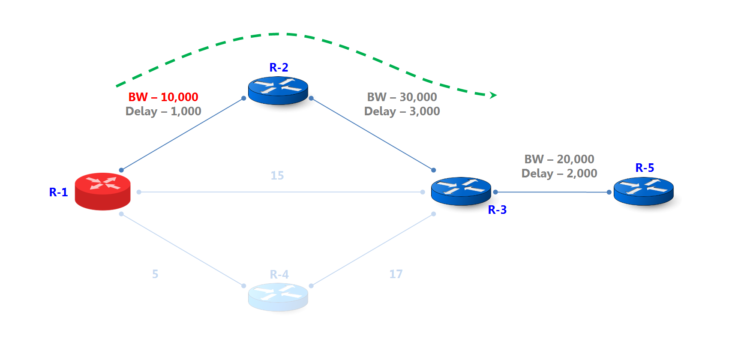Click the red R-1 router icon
(102, 191)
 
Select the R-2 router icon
(278, 90)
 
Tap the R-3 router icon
(461, 191)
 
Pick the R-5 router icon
(643, 191)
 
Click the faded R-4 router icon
(278, 297)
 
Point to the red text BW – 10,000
(163, 97)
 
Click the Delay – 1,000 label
(163, 111)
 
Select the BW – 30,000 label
(402, 97)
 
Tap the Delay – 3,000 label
(402, 111)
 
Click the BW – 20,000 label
(559, 159)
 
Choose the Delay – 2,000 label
(559, 174)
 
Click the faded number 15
(277, 175)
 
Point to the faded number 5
(155, 274)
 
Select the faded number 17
(396, 274)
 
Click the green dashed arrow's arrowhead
(493, 95)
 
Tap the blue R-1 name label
(58, 192)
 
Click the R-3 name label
(497, 210)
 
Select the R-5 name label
(644, 168)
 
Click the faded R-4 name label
(279, 274)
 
